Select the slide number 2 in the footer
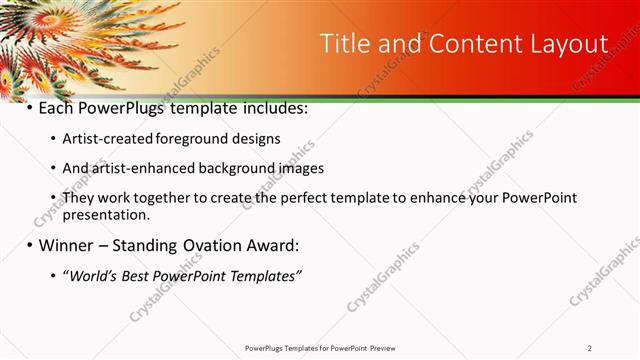(x=590, y=347)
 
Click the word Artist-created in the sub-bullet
(x=103, y=138)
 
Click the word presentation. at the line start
(x=106, y=214)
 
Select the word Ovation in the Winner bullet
(x=208, y=245)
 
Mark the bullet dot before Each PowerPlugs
(x=29, y=107)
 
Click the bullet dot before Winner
(x=29, y=245)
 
